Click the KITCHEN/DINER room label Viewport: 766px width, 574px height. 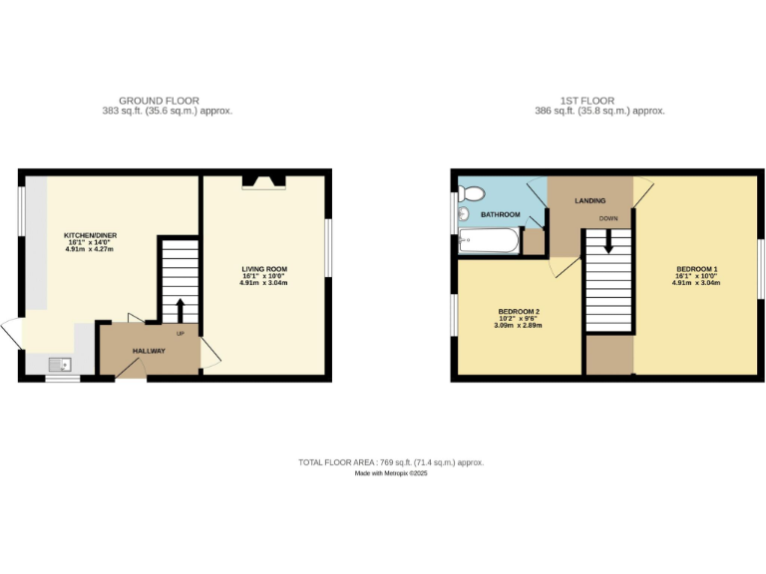pyautogui.click(x=91, y=235)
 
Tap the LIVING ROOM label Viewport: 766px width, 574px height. pyautogui.click(x=263, y=269)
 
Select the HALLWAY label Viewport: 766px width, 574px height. pyautogui.click(x=150, y=351)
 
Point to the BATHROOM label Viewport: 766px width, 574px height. pyautogui.click(x=501, y=214)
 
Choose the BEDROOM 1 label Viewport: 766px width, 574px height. pyautogui.click(x=697, y=269)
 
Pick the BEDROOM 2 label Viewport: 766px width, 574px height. pyautogui.click(x=519, y=312)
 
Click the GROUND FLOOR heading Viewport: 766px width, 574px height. pyautogui.click(x=159, y=101)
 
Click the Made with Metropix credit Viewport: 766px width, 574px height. pyautogui.click(x=391, y=474)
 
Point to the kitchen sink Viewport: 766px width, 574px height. pyautogui.click(x=60, y=364)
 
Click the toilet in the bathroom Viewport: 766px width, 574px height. pyautogui.click(x=472, y=192)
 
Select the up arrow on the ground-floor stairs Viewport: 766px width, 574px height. pyautogui.click(x=181, y=309)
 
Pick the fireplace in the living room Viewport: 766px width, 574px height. pyautogui.click(x=264, y=181)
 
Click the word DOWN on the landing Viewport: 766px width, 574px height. pyautogui.click(x=608, y=217)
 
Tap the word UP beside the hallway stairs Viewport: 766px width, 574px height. pyautogui.click(x=181, y=333)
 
